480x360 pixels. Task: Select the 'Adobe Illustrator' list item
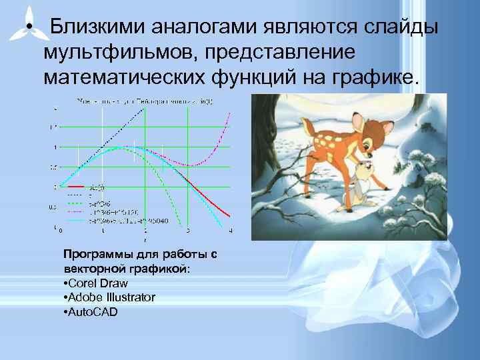click(x=110, y=297)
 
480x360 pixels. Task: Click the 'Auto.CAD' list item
click(x=92, y=311)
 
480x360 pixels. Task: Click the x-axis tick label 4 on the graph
click(x=230, y=231)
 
